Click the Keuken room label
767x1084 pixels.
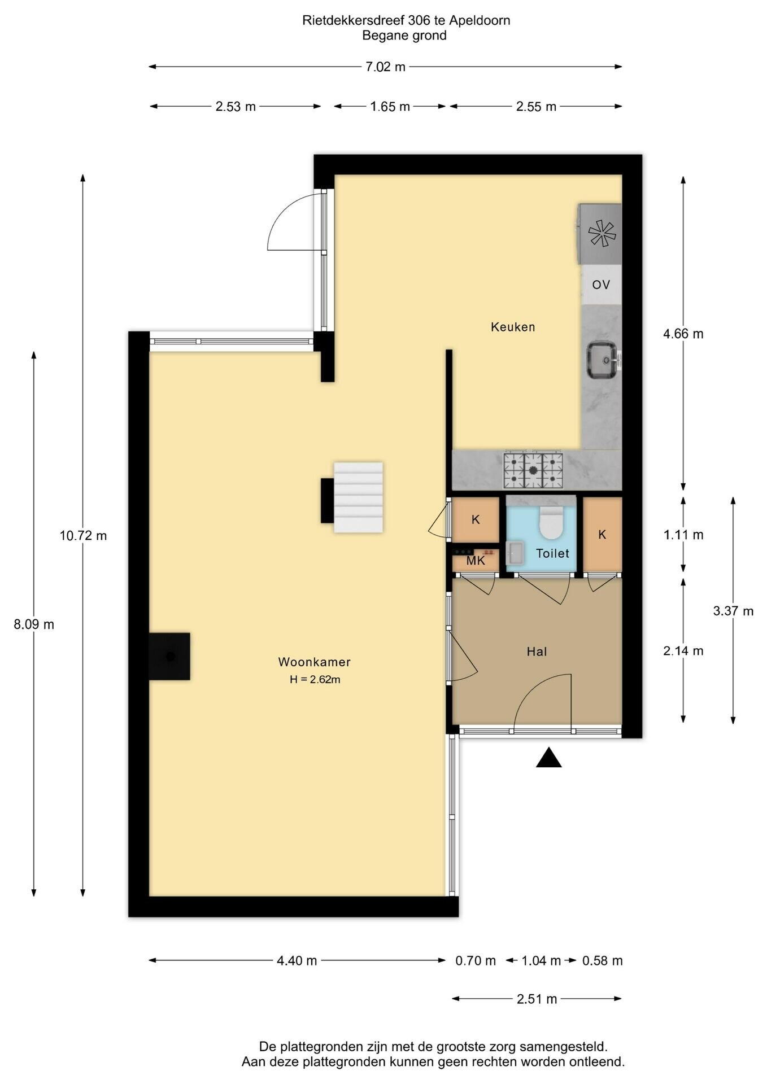[513, 327]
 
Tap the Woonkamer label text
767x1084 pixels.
[315, 662]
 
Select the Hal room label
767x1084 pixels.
[537, 652]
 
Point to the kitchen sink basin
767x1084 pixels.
[603, 359]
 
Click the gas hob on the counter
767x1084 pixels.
[533, 470]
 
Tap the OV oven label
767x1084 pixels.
[601, 285]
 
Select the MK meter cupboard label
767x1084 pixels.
[476, 561]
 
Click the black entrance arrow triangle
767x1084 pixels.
[548, 758]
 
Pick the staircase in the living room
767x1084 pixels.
[358, 497]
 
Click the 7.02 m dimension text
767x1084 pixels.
[385, 67]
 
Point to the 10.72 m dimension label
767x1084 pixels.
[83, 535]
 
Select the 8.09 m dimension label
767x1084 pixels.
[34, 624]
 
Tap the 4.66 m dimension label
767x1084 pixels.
[683, 334]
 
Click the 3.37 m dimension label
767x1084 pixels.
[733, 611]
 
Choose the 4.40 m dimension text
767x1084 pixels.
[297, 960]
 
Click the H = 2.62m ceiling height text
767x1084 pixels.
[315, 680]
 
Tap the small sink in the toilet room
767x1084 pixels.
[514, 552]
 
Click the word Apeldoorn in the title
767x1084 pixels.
[480, 20]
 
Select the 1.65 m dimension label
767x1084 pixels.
[390, 107]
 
